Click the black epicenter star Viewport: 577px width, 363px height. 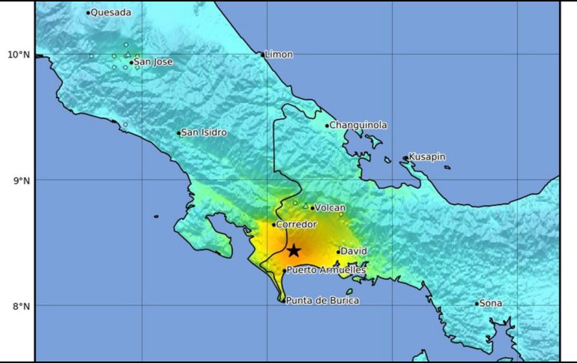(294, 251)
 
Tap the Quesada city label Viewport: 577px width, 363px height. (111, 12)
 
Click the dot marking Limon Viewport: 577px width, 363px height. (262, 55)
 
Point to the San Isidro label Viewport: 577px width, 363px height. (204, 132)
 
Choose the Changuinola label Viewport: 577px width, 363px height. (359, 125)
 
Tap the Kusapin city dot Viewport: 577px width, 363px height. (405, 158)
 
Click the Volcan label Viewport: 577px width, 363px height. (330, 207)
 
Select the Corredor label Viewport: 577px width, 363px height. (297, 224)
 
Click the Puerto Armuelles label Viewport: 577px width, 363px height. (326, 270)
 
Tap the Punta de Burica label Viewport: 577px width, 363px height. (322, 300)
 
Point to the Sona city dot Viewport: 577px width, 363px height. (477, 303)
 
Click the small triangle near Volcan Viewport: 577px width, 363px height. (305, 205)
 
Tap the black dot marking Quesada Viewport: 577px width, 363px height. (88, 12)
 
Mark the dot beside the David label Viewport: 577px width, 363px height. (339, 251)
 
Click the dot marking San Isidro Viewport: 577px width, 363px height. (179, 133)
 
